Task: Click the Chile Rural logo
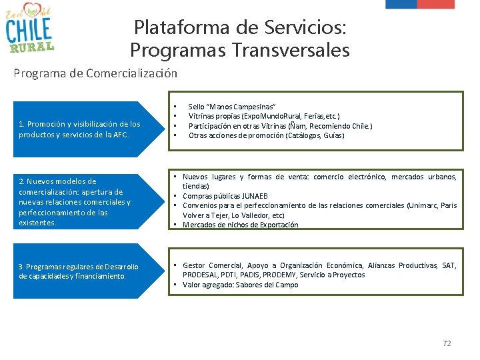click(x=30, y=29)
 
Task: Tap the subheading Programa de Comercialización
click(x=95, y=73)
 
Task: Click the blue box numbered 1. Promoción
click(x=80, y=129)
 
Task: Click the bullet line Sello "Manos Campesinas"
click(x=231, y=107)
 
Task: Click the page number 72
click(x=447, y=343)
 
